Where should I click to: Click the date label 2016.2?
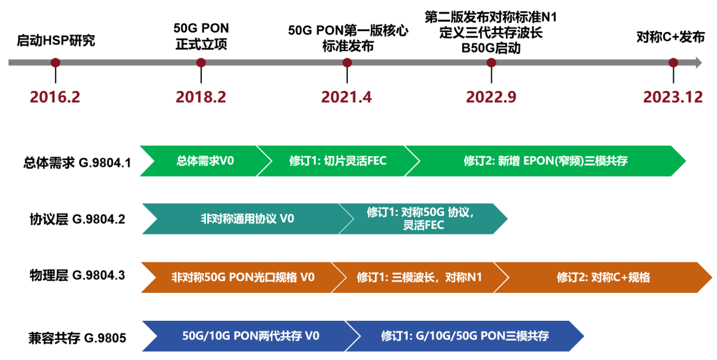(x=55, y=97)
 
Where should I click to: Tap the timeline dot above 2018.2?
(x=201, y=62)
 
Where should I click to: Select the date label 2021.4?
(x=347, y=97)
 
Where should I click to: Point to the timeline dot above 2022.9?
(x=491, y=62)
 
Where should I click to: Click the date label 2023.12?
(x=673, y=97)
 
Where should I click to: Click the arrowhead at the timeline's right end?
(x=696, y=62)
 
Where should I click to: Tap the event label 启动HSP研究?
(x=56, y=40)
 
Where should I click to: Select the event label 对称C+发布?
(x=671, y=37)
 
